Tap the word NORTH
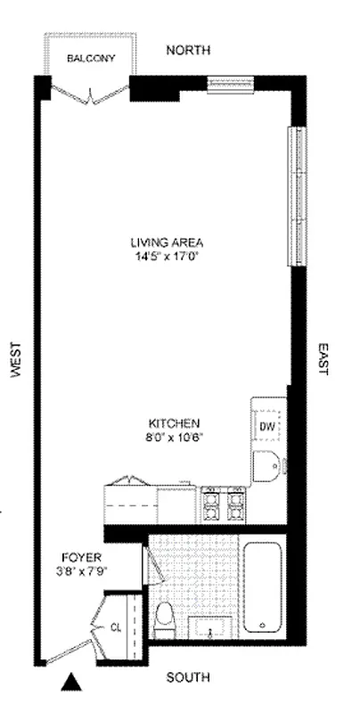188,50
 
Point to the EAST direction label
323,357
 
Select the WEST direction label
15,361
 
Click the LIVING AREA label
168,242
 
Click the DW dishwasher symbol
266,426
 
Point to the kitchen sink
266,465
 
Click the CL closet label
116,627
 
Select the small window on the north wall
231,86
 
